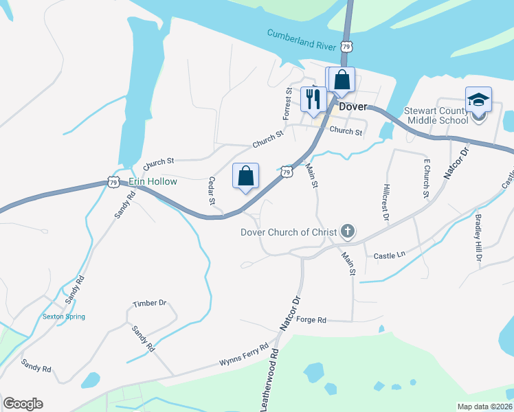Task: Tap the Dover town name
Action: (x=353, y=106)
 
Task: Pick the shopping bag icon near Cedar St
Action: (x=245, y=176)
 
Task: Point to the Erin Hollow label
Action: (x=153, y=181)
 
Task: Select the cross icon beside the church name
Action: (x=348, y=232)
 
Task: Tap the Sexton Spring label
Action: (x=63, y=317)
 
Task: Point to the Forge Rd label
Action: (x=312, y=320)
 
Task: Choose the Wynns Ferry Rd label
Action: (x=243, y=354)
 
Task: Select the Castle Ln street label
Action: (x=390, y=255)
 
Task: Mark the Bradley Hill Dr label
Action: (x=478, y=238)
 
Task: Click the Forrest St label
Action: (x=289, y=101)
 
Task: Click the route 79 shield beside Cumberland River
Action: (x=347, y=47)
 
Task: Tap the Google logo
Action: (x=23, y=404)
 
